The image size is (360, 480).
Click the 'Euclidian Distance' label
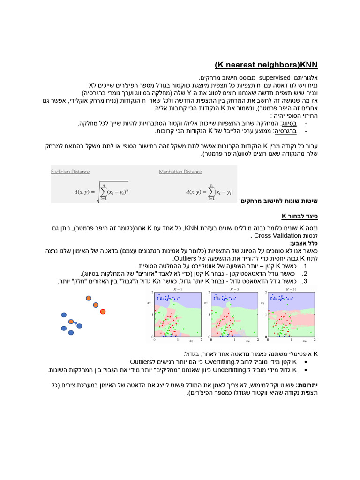tap(70, 172)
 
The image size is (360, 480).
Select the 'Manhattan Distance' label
tap(180, 172)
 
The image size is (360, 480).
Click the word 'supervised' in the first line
tap(275, 77)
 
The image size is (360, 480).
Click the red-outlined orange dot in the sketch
tap(103, 311)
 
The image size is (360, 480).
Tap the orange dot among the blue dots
tap(71, 322)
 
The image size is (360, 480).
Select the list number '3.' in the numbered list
tap(305, 281)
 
